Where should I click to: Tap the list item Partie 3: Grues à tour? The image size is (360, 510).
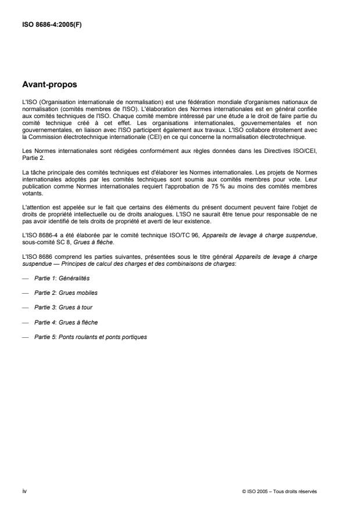click(x=63, y=307)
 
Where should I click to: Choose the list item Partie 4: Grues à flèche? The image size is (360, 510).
click(x=64, y=322)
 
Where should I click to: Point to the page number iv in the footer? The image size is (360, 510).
click(x=24, y=491)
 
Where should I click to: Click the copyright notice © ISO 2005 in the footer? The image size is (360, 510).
click(x=279, y=491)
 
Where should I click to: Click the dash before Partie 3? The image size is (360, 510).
click(x=24, y=307)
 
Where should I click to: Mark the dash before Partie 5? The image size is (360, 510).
click(x=24, y=336)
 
